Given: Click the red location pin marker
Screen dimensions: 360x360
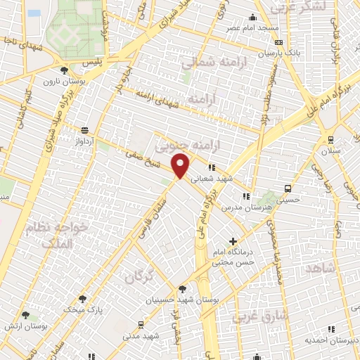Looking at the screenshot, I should (181, 167).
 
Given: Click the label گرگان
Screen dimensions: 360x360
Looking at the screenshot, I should (139, 276).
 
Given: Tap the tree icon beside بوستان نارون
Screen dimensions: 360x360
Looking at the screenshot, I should (64, 71).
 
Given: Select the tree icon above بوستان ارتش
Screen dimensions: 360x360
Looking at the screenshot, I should (26, 316).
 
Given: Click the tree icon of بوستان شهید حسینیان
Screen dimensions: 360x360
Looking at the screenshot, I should (182, 289).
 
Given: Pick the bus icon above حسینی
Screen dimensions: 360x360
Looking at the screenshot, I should (288, 188).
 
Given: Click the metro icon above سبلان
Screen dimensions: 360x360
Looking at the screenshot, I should (330, 139).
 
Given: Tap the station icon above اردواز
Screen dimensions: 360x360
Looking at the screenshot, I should (85, 130).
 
